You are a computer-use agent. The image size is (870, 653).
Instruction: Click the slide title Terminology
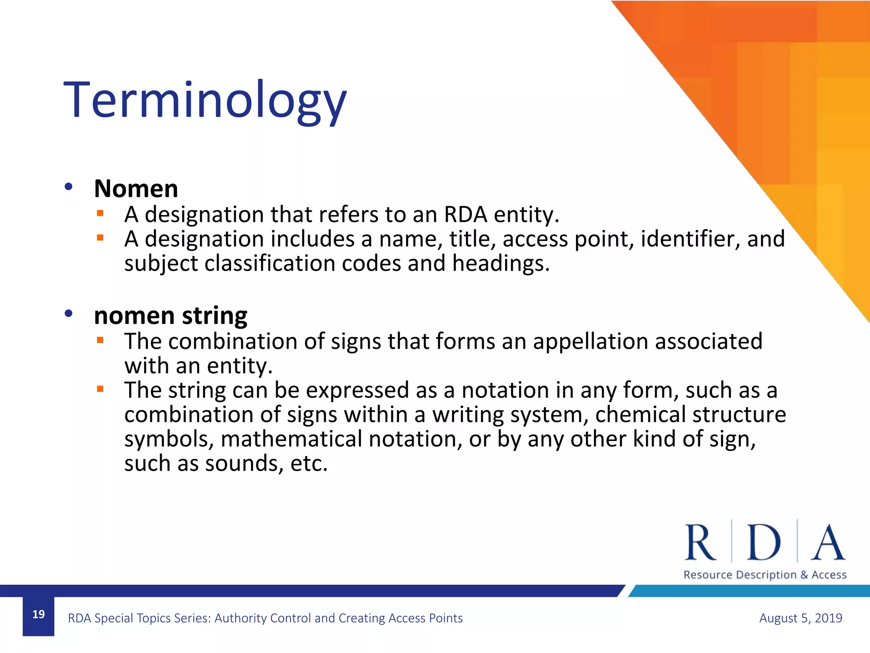(x=205, y=101)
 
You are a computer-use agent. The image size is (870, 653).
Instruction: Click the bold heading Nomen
(x=136, y=189)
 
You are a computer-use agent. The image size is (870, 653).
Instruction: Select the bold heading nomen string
(x=170, y=315)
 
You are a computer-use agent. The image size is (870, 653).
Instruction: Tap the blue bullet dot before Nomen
(x=69, y=187)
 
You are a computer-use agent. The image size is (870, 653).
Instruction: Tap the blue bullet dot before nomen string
(x=69, y=314)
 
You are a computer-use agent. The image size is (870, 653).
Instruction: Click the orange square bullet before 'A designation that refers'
(x=100, y=213)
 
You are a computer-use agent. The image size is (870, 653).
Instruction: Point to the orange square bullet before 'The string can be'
(x=100, y=389)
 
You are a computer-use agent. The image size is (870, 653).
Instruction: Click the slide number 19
(x=39, y=614)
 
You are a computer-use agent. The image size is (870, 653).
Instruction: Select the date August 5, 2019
(x=800, y=618)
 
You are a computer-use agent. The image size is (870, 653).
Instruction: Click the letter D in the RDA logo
(x=764, y=543)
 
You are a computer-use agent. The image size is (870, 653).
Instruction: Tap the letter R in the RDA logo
(x=701, y=543)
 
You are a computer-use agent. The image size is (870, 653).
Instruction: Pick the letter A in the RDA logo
(x=828, y=543)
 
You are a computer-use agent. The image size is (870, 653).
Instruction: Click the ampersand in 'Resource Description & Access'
(x=804, y=575)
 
